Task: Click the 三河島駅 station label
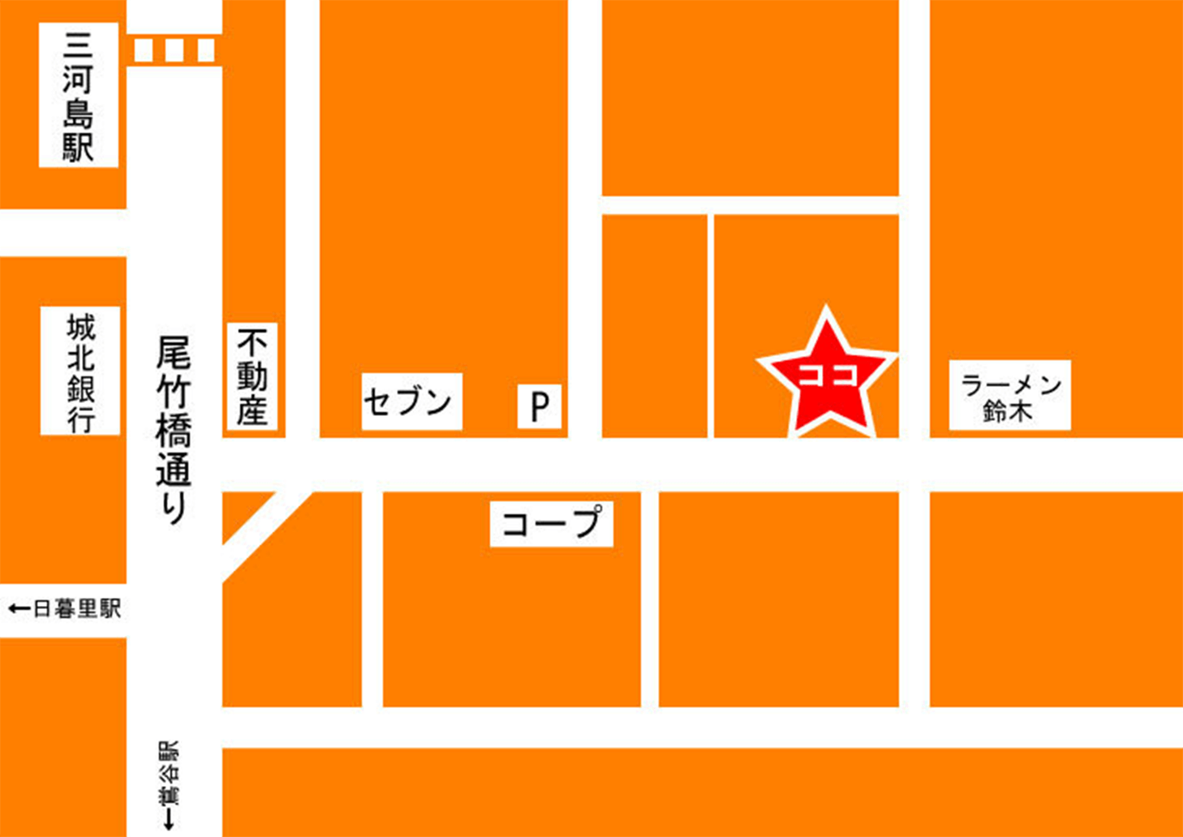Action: [78, 96]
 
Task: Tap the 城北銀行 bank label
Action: [80, 371]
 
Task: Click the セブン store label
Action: [411, 401]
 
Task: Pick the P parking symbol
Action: [540, 406]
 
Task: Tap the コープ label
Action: [552, 524]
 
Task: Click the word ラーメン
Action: [1010, 384]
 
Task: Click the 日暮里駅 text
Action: [77, 609]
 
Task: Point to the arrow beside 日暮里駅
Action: [19, 609]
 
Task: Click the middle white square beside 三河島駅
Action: [174, 50]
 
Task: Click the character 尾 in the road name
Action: [174, 354]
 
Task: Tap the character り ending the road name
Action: [174, 508]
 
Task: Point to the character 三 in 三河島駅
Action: [78, 45]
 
